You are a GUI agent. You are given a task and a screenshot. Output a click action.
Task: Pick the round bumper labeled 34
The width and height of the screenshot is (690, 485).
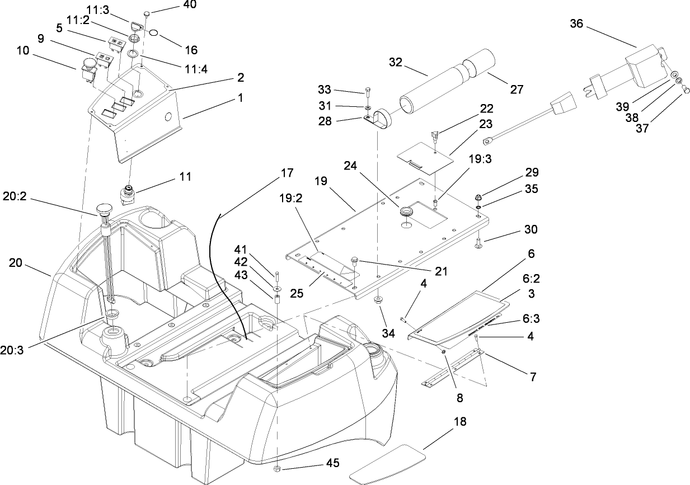point(379,300)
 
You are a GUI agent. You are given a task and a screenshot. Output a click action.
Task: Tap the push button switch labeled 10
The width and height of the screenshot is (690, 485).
point(88,66)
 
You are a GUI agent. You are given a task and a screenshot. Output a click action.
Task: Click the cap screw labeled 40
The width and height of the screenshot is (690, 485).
point(148,13)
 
